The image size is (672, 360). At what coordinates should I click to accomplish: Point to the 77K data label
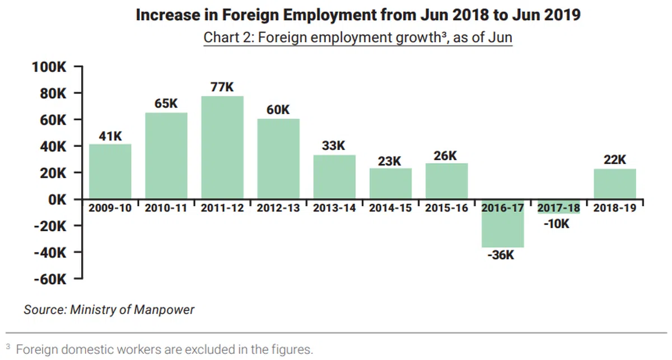(222, 87)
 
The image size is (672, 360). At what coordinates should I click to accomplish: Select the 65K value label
(166, 104)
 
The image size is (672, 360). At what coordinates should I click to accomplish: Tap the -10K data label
(557, 224)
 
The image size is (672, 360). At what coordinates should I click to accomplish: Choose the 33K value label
(334, 146)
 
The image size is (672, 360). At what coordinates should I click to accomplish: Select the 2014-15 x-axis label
(390, 208)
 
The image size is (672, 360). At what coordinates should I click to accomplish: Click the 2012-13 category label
(278, 208)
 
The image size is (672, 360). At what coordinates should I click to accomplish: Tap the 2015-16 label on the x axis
(446, 208)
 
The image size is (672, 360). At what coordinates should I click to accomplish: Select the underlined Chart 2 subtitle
(358, 38)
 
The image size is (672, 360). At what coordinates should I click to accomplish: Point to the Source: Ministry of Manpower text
(109, 310)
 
